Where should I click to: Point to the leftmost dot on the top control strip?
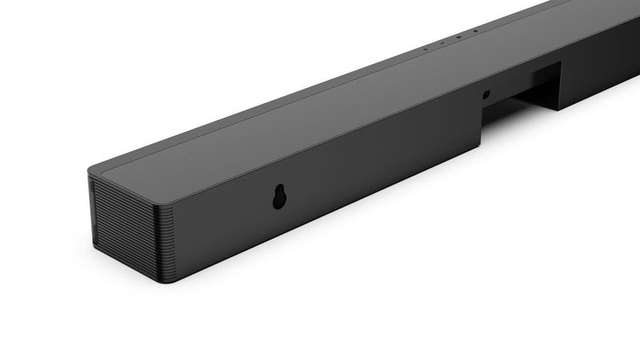[x=425, y=48]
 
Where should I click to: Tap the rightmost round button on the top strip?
[x=474, y=31]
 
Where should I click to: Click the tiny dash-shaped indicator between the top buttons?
[x=441, y=42]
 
